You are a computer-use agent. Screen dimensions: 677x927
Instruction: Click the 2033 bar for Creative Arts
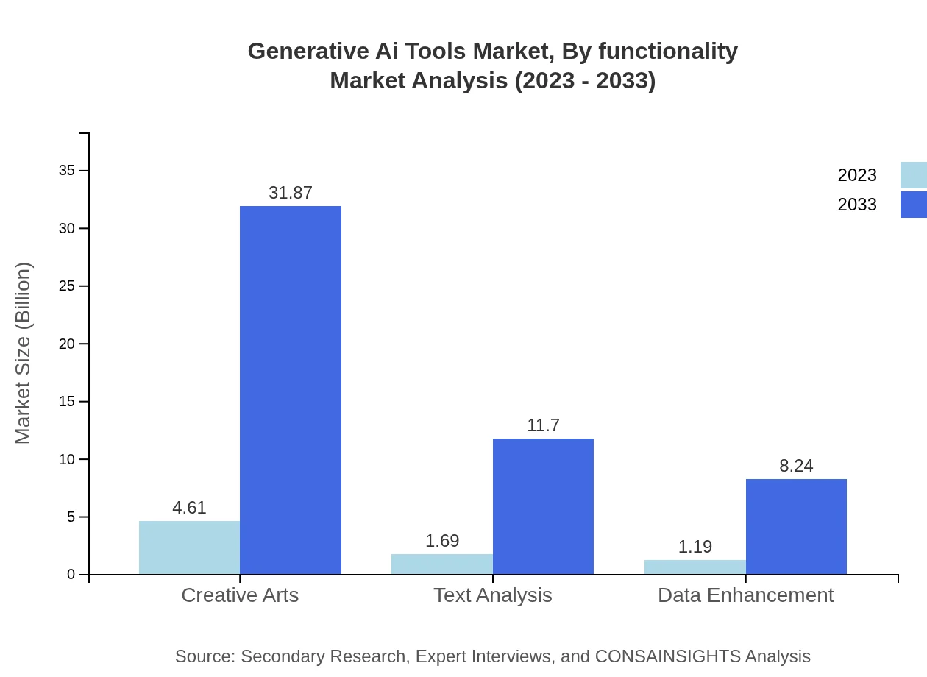pos(291,390)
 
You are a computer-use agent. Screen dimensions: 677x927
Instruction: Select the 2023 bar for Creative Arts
pos(189,547)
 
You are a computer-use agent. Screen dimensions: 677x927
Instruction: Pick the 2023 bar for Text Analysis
pos(442,564)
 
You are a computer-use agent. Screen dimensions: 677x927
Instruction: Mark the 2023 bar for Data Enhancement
pos(695,567)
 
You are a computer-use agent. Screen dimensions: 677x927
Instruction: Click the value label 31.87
pos(291,193)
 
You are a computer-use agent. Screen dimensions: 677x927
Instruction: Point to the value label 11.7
pos(543,425)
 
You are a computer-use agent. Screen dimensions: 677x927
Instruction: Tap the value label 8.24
pos(796,466)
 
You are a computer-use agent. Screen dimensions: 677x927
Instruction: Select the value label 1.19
pos(695,547)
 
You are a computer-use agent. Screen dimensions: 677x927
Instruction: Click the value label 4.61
pos(189,508)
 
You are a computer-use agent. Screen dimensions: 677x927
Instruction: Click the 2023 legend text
pos(857,175)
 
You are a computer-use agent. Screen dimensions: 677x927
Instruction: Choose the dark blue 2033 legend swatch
pos(913,205)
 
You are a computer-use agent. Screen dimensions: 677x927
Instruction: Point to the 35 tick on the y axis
pos(67,171)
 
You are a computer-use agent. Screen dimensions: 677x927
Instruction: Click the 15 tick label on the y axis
pos(67,402)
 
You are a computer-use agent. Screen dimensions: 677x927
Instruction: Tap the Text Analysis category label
pos(492,595)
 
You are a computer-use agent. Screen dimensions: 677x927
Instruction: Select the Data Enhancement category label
pos(745,595)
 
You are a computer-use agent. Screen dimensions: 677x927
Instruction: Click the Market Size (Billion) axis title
pos(23,353)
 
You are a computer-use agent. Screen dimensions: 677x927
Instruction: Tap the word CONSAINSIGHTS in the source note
pos(667,656)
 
